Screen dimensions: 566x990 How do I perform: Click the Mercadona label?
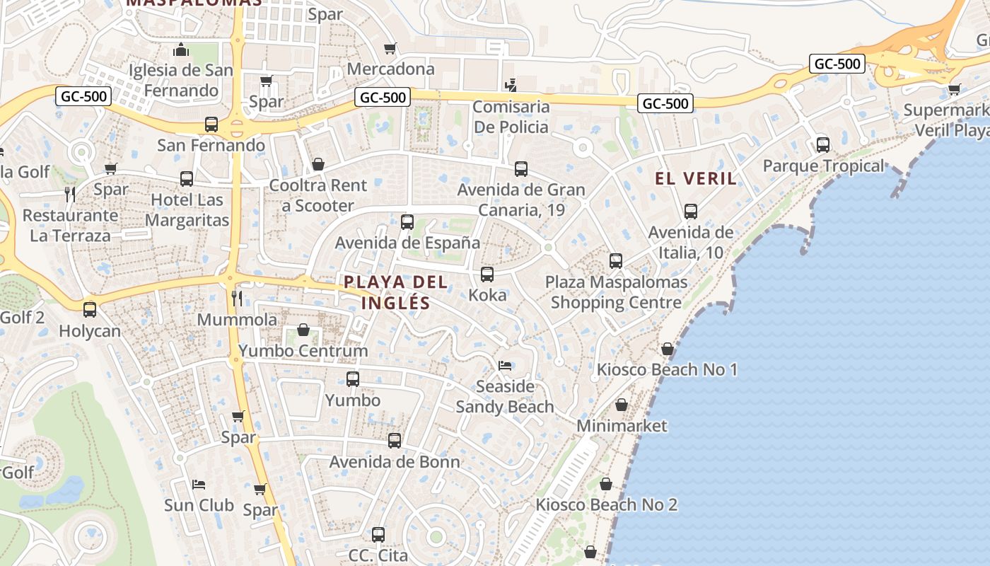pyautogui.click(x=390, y=69)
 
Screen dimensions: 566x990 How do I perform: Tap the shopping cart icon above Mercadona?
pyautogui.click(x=390, y=49)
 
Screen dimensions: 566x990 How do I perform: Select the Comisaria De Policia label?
pyautogui.click(x=511, y=117)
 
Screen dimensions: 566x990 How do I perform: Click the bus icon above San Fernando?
pyautogui.click(x=211, y=125)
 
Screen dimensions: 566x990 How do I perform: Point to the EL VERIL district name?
pyautogui.click(x=696, y=178)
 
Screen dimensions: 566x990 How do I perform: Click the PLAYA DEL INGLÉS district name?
pyautogui.click(x=396, y=292)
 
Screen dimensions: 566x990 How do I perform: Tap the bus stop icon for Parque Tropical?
pyautogui.click(x=822, y=145)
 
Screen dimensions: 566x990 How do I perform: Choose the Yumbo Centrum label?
pyautogui.click(x=303, y=351)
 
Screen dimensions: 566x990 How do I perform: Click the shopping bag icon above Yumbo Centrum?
pyautogui.click(x=303, y=330)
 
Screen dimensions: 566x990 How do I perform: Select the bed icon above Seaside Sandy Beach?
pyautogui.click(x=505, y=366)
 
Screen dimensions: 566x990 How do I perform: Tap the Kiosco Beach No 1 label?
pyautogui.click(x=667, y=369)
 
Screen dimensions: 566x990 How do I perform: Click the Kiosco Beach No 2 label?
pyautogui.click(x=606, y=505)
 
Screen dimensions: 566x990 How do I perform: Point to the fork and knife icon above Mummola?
pyautogui.click(x=237, y=299)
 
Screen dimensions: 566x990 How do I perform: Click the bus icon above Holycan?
pyautogui.click(x=90, y=310)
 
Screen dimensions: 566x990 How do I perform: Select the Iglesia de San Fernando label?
pyautogui.click(x=181, y=80)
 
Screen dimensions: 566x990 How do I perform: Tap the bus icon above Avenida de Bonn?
pyautogui.click(x=395, y=441)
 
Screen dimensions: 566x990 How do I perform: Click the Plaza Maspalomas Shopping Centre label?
pyautogui.click(x=616, y=292)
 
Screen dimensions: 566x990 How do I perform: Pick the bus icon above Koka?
pyautogui.click(x=487, y=275)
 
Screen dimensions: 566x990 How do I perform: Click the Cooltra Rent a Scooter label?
pyautogui.click(x=318, y=196)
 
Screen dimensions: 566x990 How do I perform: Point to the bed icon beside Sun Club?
pyautogui.click(x=199, y=485)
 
